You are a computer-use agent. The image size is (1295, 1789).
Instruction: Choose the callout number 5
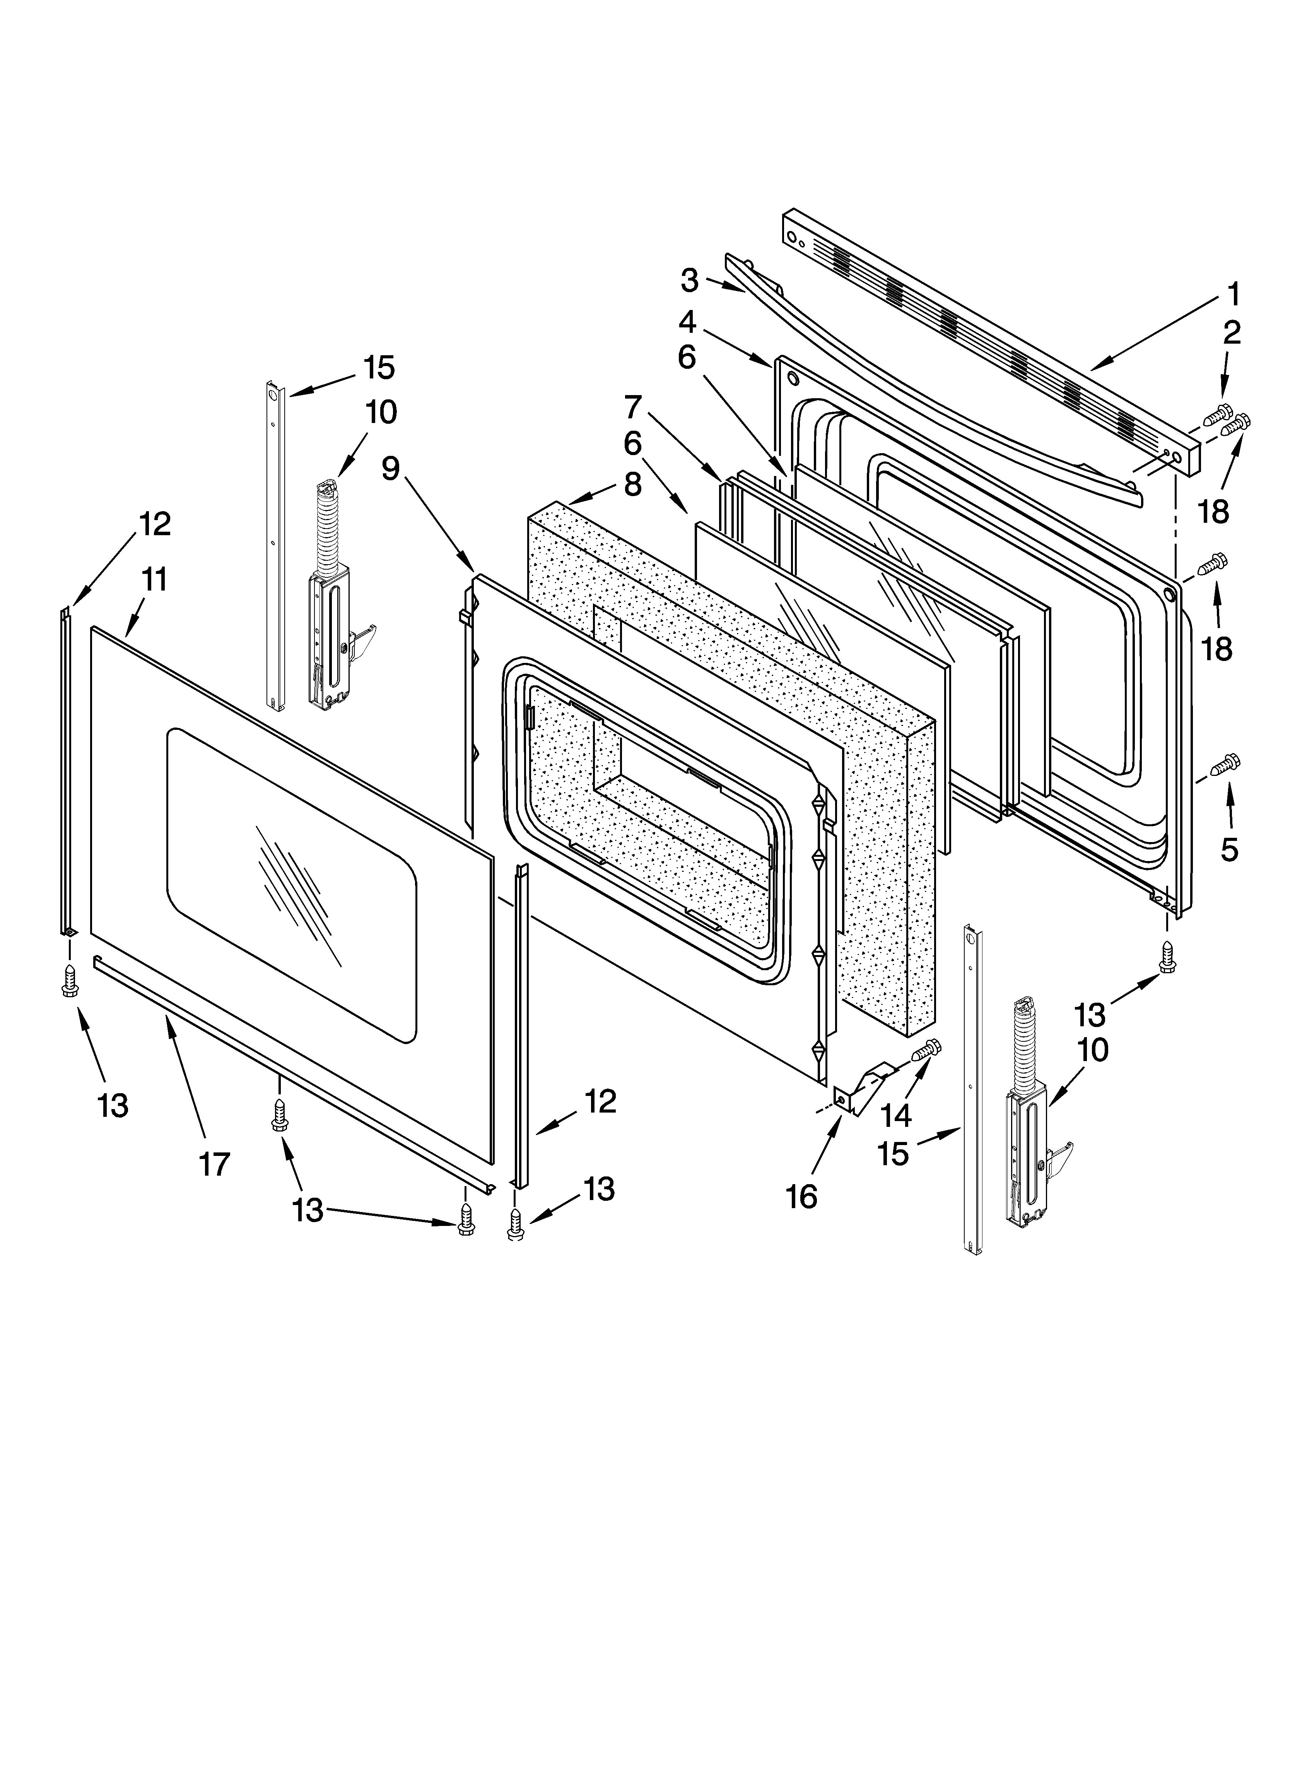tap(1229, 849)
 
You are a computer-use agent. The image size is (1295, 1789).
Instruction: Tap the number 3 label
tap(689, 280)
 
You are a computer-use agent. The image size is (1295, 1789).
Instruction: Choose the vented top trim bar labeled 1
tap(986, 331)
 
